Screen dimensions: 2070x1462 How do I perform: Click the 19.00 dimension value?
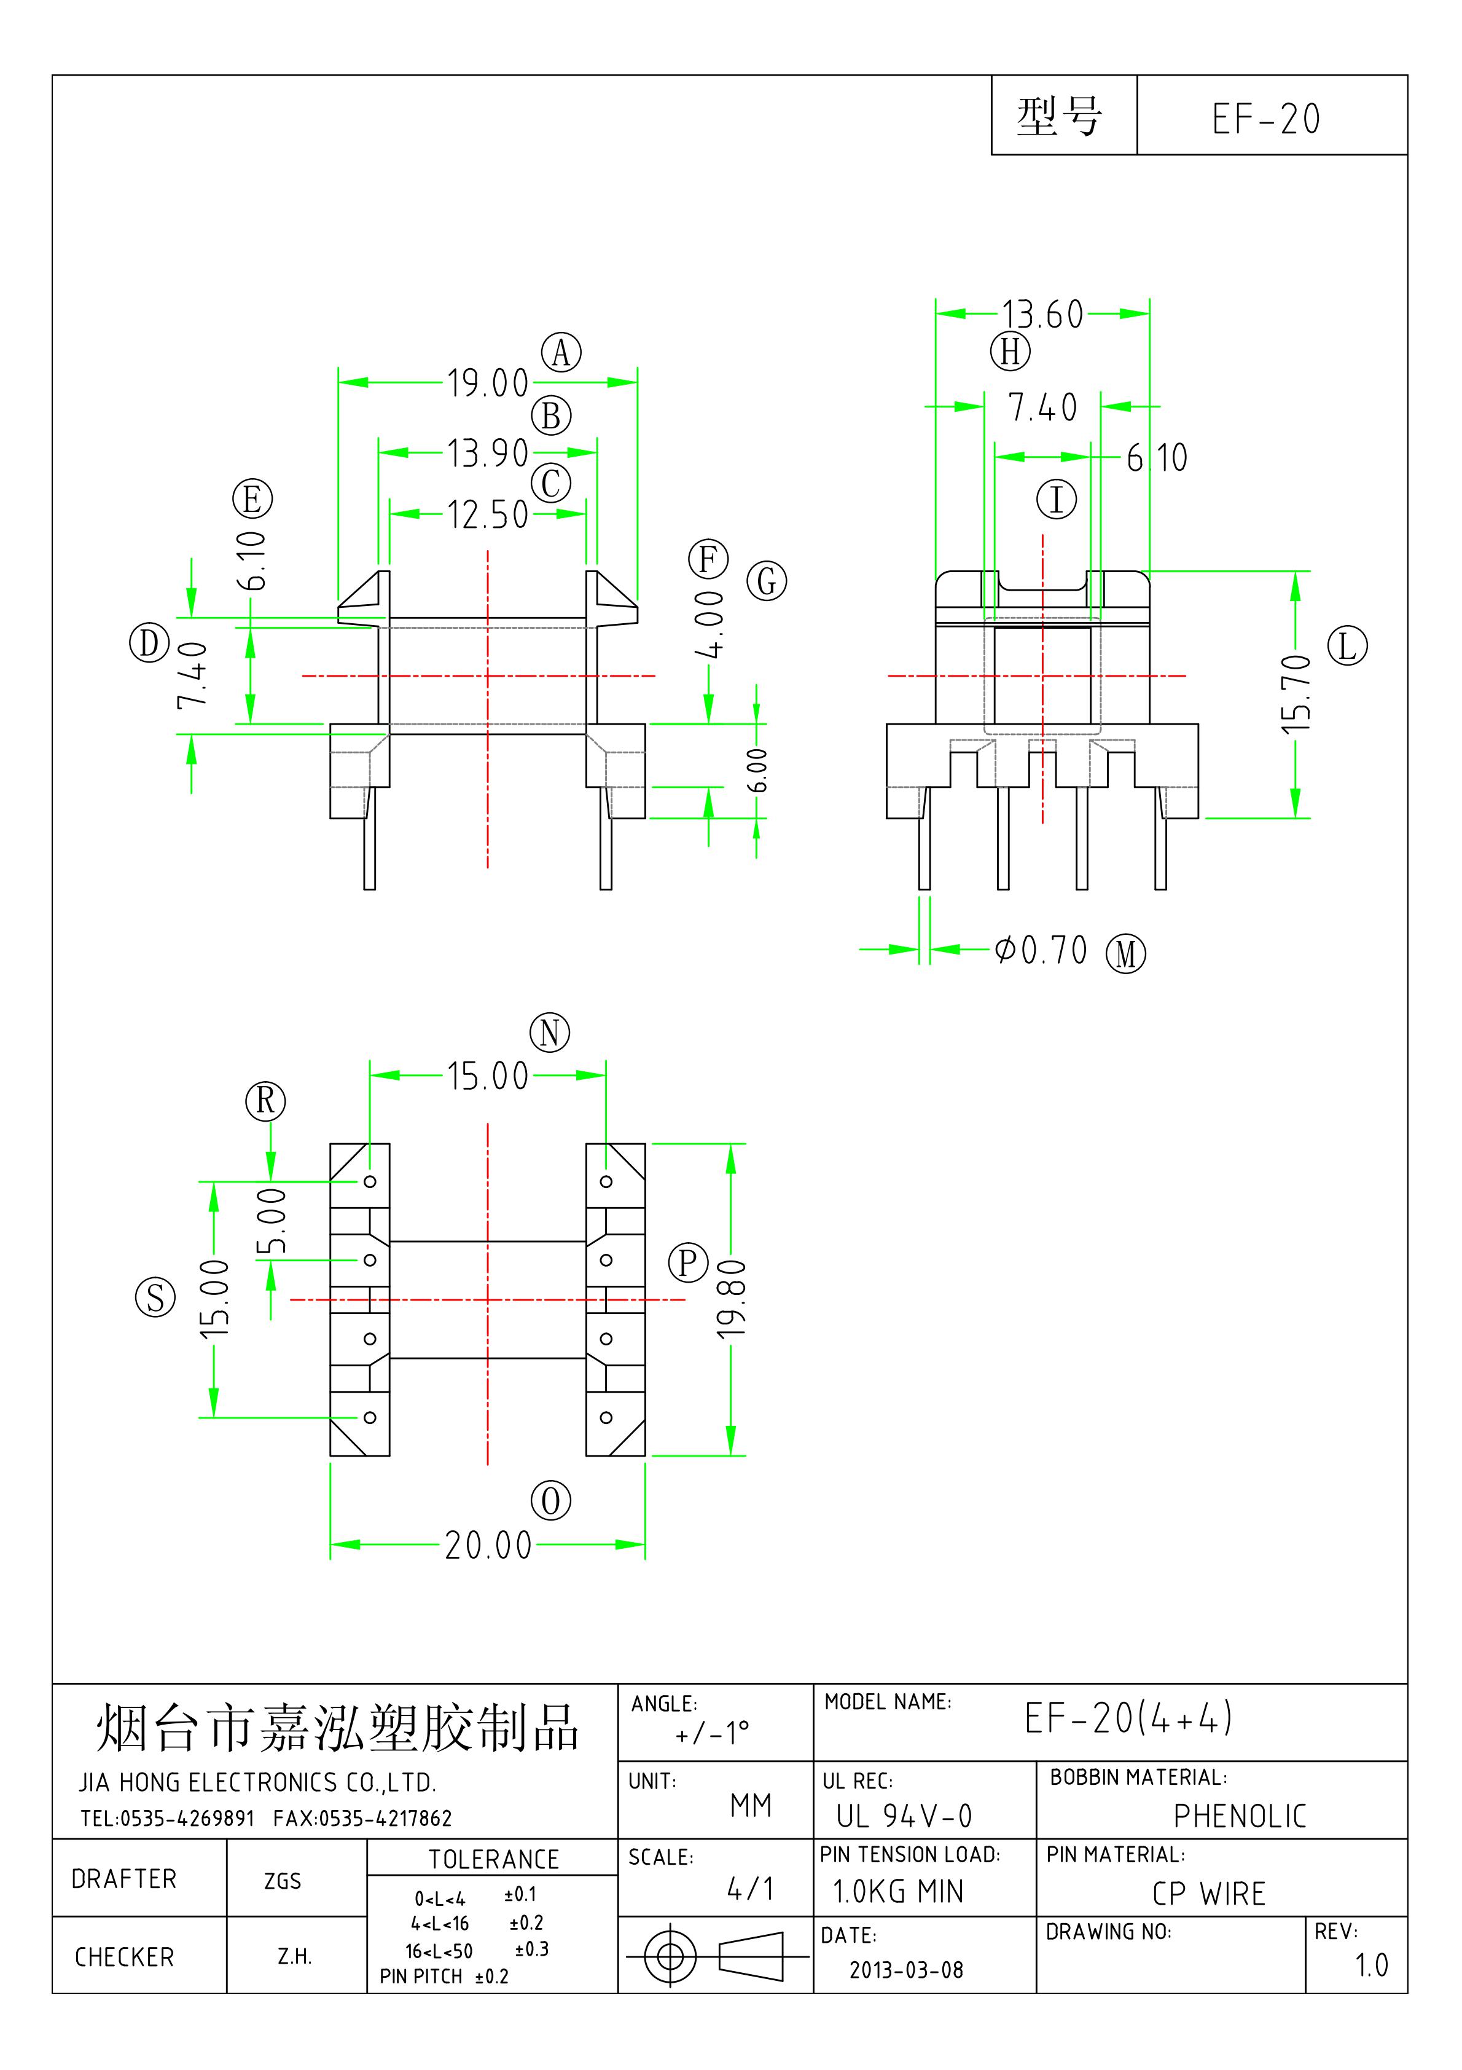click(488, 383)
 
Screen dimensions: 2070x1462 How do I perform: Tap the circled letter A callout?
click(561, 353)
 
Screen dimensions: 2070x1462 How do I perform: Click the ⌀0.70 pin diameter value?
click(1041, 950)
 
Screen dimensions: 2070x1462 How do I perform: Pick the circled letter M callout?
click(1126, 954)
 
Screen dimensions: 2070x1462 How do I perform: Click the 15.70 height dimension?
click(1296, 693)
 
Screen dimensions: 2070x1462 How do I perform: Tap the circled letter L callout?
click(1348, 647)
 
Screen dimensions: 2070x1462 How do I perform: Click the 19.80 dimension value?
click(732, 1299)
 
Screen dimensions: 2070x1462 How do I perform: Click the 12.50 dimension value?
click(488, 515)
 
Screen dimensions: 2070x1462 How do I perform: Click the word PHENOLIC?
click(1240, 1816)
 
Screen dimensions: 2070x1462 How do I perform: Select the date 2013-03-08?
click(906, 1970)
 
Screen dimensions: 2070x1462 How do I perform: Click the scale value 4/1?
click(750, 1889)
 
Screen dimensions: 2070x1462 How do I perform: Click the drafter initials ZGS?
click(282, 1881)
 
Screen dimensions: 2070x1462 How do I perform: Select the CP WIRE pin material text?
click(1209, 1893)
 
